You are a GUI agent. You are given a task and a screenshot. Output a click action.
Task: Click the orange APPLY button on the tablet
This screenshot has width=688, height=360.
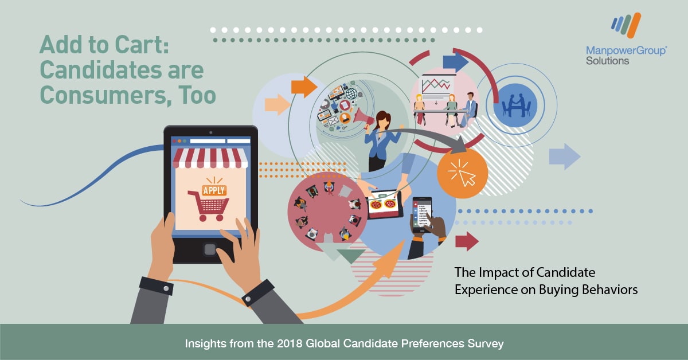click(214, 190)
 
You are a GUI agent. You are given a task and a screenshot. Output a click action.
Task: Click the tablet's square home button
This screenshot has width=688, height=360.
click(210, 249)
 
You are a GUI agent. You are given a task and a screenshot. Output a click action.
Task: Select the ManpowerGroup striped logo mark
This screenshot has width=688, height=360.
click(626, 25)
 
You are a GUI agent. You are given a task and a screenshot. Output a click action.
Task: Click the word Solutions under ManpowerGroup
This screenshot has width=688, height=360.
click(607, 61)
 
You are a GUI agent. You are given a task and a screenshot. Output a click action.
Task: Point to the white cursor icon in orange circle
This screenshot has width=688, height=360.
click(463, 173)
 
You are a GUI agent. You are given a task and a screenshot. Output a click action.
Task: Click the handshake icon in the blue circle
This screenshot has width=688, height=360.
click(516, 105)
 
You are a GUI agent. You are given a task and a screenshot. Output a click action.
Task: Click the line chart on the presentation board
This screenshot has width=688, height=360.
click(436, 85)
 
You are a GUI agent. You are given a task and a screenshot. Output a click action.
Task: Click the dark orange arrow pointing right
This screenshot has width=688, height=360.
click(304, 87)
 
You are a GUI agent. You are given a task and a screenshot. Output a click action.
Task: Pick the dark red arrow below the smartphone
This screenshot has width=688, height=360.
click(467, 241)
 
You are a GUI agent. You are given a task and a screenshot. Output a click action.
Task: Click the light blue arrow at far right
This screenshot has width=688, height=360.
click(565, 156)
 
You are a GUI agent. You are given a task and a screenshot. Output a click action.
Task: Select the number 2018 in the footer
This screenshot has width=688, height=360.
click(290, 343)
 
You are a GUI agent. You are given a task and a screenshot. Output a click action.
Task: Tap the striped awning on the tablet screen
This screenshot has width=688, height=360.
click(210, 158)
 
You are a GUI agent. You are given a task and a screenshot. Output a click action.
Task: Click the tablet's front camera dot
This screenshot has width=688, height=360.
click(211, 132)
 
